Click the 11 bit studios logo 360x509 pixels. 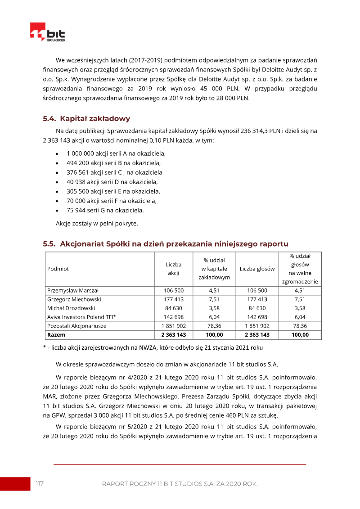(47, 33)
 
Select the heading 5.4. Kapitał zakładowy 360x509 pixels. (86, 119)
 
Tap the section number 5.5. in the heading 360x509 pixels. (49, 244)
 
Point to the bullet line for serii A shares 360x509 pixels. (113, 153)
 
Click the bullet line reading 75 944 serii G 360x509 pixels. (105, 210)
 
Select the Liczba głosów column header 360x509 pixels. (257, 269)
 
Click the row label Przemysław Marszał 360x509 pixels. (70, 290)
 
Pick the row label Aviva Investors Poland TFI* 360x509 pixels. (81, 317)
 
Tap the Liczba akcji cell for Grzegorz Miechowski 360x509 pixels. (173, 299)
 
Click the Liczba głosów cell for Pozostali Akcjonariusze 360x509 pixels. (257, 326)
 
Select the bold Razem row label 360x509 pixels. (56, 335)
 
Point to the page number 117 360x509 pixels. (40, 483)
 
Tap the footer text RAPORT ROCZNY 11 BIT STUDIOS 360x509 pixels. (180, 484)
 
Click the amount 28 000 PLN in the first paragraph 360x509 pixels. (233, 98)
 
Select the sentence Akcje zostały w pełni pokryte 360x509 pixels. (97, 223)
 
